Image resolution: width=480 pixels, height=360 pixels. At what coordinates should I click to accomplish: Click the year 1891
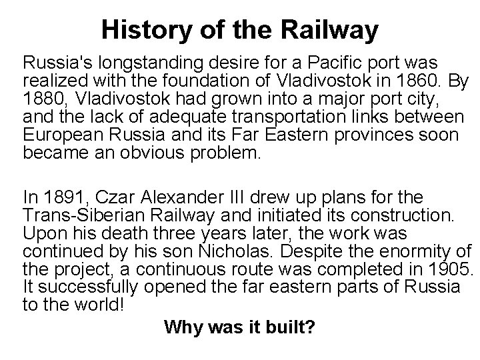click(x=68, y=197)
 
